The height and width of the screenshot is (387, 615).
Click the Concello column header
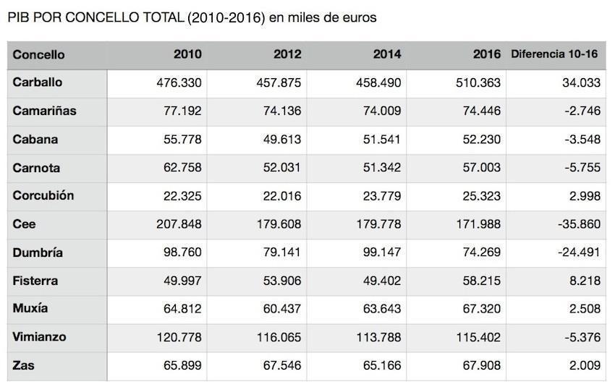pos(38,54)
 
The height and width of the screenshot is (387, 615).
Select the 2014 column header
pos(387,54)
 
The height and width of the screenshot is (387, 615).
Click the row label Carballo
pos(38,82)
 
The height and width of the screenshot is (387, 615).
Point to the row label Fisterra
pos(35,281)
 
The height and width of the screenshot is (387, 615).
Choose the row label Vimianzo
pos(40,337)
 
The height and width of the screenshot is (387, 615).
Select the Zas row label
pos(23,365)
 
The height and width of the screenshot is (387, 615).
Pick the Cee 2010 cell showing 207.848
pos(179,224)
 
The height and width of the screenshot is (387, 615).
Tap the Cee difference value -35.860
pos(579,224)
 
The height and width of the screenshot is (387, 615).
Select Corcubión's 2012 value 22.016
pos(279,196)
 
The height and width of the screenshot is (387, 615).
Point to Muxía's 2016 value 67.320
pos(480,309)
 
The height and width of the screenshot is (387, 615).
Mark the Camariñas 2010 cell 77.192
pos(182,111)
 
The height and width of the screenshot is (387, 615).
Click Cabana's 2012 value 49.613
pos(279,140)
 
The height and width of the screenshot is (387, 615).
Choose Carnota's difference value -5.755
pos(582,168)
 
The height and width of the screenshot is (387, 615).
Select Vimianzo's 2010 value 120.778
pos(179,337)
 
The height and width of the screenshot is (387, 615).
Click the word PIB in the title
pos(18,17)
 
